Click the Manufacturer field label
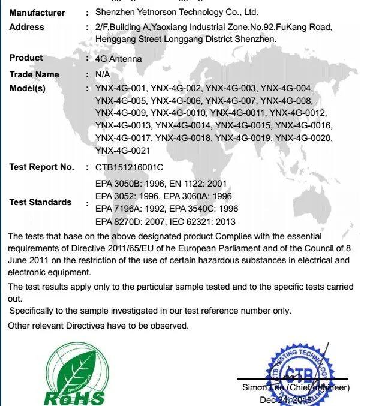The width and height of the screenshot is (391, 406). click(x=37, y=13)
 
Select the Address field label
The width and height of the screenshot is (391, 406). click(x=27, y=27)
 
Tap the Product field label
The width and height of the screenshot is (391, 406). click(x=26, y=58)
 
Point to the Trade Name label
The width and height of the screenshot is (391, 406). click(x=34, y=74)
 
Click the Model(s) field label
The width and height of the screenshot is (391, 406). click(x=28, y=88)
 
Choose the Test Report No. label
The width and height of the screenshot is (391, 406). click(x=42, y=167)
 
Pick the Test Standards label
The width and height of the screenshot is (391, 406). click(x=40, y=202)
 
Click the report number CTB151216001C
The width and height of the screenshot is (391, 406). click(x=129, y=167)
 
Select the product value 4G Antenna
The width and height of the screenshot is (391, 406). click(x=119, y=59)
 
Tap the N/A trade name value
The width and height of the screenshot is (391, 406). click(x=103, y=74)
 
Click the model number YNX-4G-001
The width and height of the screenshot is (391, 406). click(x=121, y=88)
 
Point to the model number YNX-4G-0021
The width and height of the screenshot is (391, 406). click(x=123, y=151)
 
